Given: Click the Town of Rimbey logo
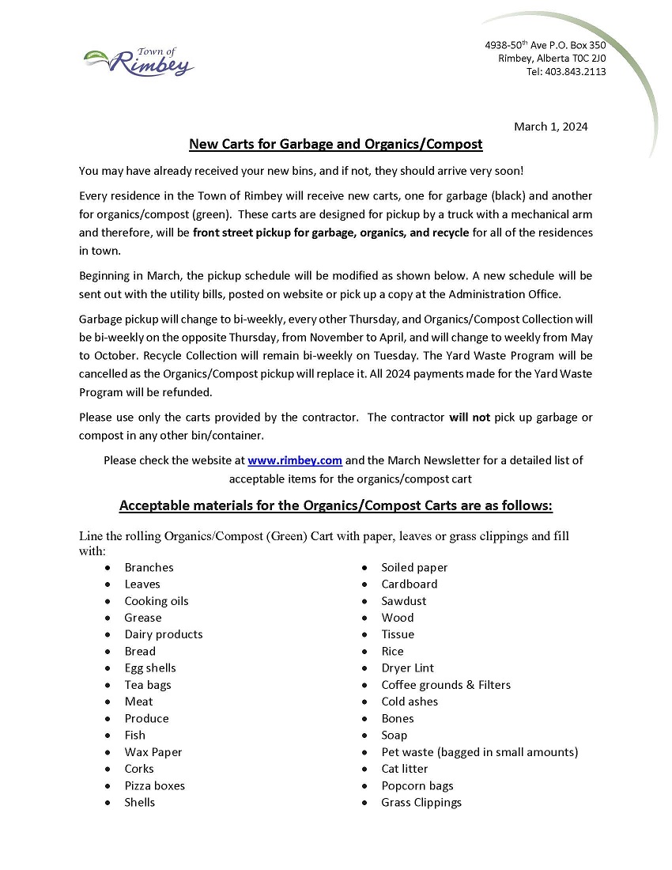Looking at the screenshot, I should click(139, 62).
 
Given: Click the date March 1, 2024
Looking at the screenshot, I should click(550, 127).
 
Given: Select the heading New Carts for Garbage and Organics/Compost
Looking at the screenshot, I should click(335, 144).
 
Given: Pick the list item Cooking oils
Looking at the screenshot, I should click(157, 601).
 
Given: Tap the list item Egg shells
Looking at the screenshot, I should click(150, 668).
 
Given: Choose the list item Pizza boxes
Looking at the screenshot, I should click(154, 785).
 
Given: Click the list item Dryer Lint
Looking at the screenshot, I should click(407, 668).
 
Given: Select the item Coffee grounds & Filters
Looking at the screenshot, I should click(446, 685).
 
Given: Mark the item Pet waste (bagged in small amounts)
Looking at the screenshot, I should click(479, 752).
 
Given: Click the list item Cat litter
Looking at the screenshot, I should click(404, 769).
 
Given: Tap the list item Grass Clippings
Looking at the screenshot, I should click(421, 803).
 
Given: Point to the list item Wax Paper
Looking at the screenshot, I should click(153, 752).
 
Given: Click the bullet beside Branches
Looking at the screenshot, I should click(107, 568).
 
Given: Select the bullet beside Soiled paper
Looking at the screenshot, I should click(364, 568).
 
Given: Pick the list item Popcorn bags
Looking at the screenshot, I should click(417, 785).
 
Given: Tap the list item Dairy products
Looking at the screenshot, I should click(164, 634).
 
